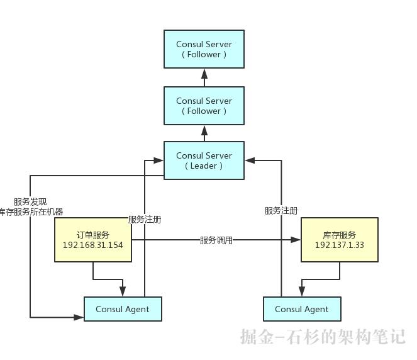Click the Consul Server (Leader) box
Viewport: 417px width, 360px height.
(204, 160)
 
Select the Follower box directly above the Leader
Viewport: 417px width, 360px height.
(204, 106)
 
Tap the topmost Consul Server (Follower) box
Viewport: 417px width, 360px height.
(204, 49)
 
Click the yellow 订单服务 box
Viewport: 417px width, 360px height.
(93, 240)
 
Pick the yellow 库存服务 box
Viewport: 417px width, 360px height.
(339, 240)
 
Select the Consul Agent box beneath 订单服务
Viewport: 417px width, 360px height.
(123, 309)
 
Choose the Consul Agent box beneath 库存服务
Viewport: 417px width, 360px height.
(303, 309)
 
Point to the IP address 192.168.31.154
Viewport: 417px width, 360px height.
(93, 245)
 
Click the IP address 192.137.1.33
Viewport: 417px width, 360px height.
(339, 245)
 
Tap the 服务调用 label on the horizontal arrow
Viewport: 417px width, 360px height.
(216, 240)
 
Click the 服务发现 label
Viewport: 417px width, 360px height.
(30, 202)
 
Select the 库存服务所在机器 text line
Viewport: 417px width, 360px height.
(30, 212)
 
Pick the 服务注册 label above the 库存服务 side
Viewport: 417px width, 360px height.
(281, 211)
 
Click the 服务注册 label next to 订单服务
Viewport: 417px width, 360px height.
(145, 220)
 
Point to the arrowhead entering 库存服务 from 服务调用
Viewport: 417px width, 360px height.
(296, 240)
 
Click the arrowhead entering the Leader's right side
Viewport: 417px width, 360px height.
(249, 160)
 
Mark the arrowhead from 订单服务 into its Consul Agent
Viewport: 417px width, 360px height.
(123, 291)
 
